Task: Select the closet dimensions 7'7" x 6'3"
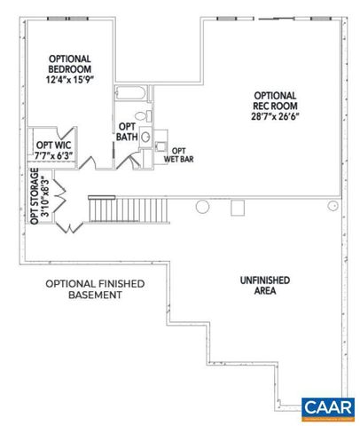(53, 155)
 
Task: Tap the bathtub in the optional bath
(132, 93)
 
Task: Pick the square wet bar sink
(162, 145)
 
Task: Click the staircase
(129, 212)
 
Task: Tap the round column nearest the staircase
(202, 206)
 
